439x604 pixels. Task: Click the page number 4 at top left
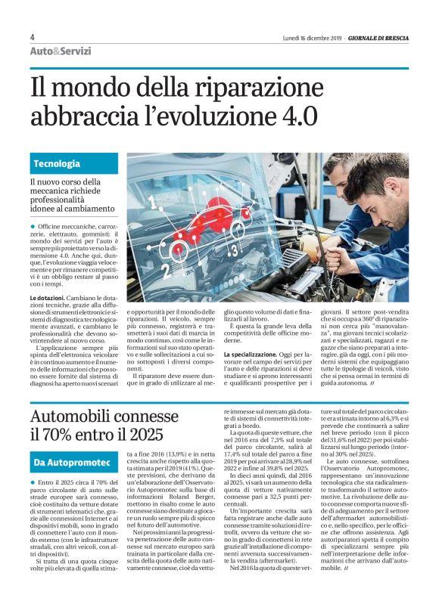pyautogui.click(x=32, y=37)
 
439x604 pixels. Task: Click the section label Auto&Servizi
pyautogui.click(x=60, y=51)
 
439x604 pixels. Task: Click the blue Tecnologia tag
pyautogui.click(x=57, y=163)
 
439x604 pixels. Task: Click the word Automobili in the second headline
pyautogui.click(x=83, y=415)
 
